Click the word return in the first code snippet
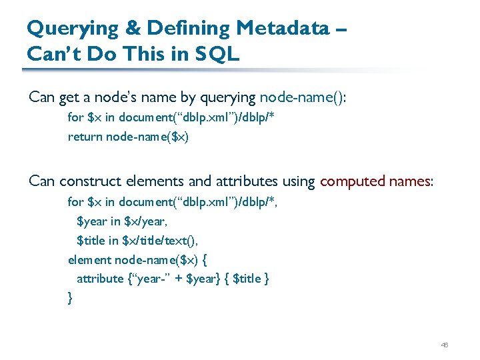(x=85, y=137)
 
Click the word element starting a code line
(x=89, y=259)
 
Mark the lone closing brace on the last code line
(x=71, y=298)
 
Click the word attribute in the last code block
(x=100, y=279)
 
